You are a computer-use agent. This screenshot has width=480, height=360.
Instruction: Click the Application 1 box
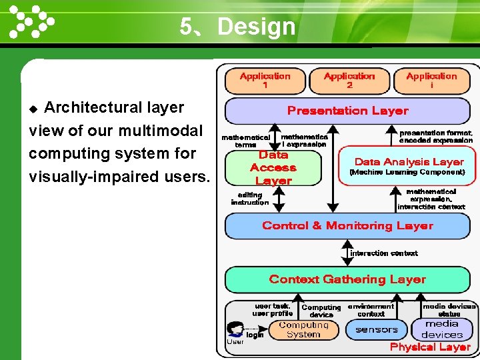[265, 81]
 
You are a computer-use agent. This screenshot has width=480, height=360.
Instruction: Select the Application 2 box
[349, 81]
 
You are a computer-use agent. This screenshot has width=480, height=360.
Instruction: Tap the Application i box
[431, 81]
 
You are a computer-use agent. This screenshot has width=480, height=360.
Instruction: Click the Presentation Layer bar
[348, 111]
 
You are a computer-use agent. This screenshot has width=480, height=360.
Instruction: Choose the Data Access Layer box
[273, 168]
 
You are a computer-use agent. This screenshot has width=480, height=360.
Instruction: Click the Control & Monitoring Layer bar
[348, 226]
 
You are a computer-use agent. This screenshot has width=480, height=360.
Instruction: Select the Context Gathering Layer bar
[348, 279]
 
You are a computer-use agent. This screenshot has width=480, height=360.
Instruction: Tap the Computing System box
[303, 330]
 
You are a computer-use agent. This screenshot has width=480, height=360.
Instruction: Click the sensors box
[377, 329]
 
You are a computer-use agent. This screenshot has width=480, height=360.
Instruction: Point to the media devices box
[442, 329]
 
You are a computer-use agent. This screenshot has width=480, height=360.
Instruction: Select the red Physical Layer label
[430, 347]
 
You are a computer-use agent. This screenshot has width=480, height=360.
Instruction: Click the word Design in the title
[256, 27]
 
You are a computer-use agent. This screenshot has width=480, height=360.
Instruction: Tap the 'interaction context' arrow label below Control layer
[384, 253]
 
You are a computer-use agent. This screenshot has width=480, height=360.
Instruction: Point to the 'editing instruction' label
[249, 199]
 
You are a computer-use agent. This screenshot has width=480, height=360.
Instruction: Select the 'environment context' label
[371, 310]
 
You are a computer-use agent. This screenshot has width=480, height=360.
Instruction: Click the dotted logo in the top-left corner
[30, 21]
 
